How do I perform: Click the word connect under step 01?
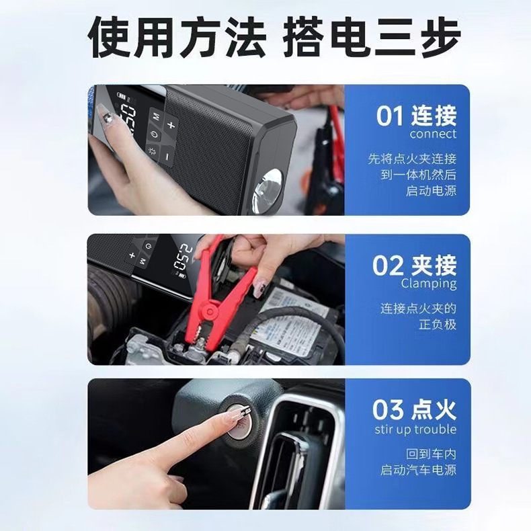click(x=433, y=134)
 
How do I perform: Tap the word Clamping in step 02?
click(x=429, y=284)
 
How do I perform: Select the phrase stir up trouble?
click(x=415, y=430)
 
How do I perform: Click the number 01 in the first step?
click(x=390, y=116)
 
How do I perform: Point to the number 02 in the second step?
click(x=388, y=265)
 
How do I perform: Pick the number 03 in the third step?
click(x=388, y=410)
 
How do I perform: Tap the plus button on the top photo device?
click(x=171, y=124)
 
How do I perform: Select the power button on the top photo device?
click(x=154, y=134)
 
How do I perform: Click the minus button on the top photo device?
click(x=167, y=156)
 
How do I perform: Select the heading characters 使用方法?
click(x=177, y=38)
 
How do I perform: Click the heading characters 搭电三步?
click(x=372, y=38)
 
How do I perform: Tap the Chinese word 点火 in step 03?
click(x=434, y=410)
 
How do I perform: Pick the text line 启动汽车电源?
click(x=418, y=470)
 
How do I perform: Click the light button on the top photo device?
click(x=152, y=152)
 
